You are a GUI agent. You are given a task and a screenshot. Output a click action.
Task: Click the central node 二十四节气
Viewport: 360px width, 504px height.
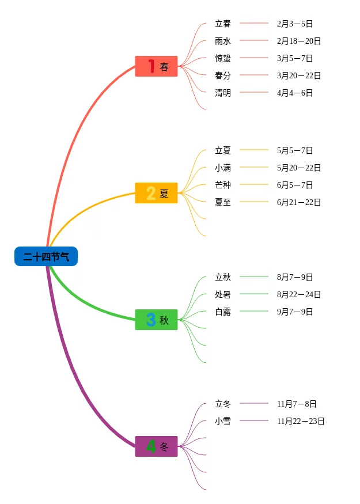click(46, 256)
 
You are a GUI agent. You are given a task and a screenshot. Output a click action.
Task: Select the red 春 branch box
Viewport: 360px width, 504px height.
click(156, 66)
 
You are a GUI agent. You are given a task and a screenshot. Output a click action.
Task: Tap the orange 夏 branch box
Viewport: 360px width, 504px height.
click(156, 193)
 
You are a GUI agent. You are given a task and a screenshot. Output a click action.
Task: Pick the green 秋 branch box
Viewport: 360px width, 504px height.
click(156, 320)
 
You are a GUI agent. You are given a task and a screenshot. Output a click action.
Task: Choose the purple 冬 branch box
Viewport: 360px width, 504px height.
click(156, 446)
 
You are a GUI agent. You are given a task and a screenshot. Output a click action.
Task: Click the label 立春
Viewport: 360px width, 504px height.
click(223, 24)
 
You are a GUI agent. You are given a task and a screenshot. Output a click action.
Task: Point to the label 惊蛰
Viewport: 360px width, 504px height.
click(223, 59)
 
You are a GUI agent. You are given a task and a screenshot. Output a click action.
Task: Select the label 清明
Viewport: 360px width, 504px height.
click(223, 93)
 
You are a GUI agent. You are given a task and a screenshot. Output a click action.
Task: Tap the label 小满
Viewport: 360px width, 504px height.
click(223, 168)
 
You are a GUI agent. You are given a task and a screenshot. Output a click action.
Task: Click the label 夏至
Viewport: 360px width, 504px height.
click(223, 203)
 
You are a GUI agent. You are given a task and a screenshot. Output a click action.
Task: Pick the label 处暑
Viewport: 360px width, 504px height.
click(223, 295)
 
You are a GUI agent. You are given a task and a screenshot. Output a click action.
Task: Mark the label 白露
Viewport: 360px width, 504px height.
click(223, 312)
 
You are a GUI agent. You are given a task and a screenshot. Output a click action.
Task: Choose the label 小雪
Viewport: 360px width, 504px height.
click(223, 422)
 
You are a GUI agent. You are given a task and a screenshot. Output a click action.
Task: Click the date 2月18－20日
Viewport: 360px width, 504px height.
click(299, 41)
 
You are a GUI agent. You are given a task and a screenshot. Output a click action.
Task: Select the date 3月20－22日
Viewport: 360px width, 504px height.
click(299, 76)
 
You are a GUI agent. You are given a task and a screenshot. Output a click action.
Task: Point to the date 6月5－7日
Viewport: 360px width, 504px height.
click(295, 185)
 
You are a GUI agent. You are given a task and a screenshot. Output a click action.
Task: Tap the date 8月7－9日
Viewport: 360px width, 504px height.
click(295, 278)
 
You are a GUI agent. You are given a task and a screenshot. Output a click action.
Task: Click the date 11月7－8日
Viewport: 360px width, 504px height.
click(297, 404)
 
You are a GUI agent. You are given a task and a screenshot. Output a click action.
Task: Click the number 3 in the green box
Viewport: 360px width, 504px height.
click(151, 320)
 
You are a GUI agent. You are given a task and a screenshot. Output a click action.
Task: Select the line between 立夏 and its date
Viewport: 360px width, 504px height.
click(254, 150)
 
